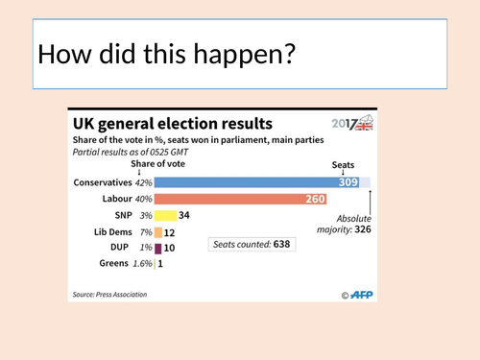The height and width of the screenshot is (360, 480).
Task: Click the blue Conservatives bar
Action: click(x=250, y=181)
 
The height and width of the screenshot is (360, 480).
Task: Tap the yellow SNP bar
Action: click(x=164, y=215)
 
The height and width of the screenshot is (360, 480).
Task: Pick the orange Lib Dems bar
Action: click(x=158, y=231)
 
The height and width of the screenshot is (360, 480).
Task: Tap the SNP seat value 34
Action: click(x=184, y=215)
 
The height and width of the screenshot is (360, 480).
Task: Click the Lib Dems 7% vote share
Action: click(x=144, y=231)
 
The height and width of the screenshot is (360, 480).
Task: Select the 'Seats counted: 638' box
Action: click(x=253, y=244)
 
